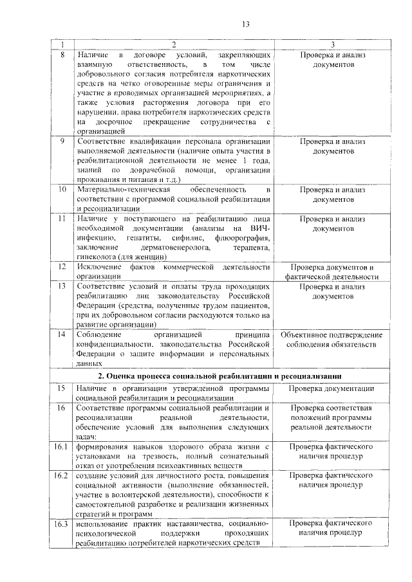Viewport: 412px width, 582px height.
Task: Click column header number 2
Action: point(173,45)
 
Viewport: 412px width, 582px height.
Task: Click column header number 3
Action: point(332,45)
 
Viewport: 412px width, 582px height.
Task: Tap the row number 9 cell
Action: point(62,141)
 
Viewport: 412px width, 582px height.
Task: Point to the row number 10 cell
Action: point(62,190)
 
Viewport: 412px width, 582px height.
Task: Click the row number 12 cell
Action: point(62,266)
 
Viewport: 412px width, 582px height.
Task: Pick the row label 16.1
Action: point(62,446)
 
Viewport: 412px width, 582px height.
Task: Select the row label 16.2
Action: point(62,475)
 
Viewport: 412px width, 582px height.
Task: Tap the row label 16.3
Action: point(62,524)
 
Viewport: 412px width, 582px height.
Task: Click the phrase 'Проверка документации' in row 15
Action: point(332,388)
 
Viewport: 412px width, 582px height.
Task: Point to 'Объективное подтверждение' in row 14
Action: point(332,335)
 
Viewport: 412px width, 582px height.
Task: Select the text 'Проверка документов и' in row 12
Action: point(332,266)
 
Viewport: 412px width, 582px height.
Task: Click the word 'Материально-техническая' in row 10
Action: point(122,190)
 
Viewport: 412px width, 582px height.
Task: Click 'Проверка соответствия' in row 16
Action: point(332,408)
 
